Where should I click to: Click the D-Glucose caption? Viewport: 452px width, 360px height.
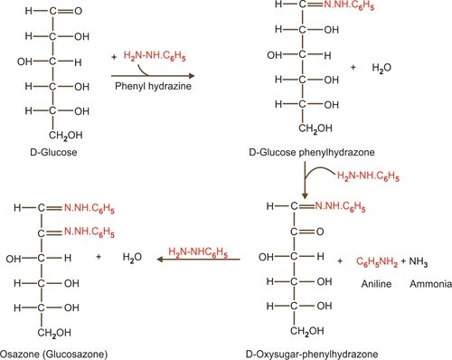pos(53,152)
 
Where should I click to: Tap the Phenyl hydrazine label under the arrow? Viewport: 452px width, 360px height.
pos(153,86)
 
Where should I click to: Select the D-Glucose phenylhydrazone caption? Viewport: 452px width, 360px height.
pos(312,152)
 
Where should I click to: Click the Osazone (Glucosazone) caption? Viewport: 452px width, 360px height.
pos(53,354)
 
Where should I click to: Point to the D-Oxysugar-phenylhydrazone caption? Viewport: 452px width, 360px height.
pos(312,354)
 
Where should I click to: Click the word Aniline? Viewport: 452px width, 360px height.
pos(376,284)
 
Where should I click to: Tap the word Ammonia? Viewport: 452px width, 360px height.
pos(430,284)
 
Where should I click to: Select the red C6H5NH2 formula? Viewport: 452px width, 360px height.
pos(377,261)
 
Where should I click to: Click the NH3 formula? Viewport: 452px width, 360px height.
pos(419,261)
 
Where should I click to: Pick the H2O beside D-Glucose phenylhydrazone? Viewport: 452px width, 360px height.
pos(381,68)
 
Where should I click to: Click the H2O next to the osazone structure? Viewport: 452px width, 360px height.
pos(132,258)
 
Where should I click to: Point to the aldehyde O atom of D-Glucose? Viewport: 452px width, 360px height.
pos(79,11)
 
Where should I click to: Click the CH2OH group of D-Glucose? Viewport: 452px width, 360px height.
pos(66,136)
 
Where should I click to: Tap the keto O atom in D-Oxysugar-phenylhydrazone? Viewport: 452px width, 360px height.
pos(320,232)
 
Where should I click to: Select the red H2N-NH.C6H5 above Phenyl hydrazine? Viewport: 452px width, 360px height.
pos(155,56)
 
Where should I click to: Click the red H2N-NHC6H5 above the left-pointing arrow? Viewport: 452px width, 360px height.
pos(198,252)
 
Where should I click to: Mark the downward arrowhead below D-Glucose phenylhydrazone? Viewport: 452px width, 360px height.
pos(305,195)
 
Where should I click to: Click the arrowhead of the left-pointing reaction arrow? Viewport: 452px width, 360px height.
pos(160,259)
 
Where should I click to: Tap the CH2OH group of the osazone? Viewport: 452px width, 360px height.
pos(54,333)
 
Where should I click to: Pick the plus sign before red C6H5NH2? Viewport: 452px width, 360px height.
pos(340,261)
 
